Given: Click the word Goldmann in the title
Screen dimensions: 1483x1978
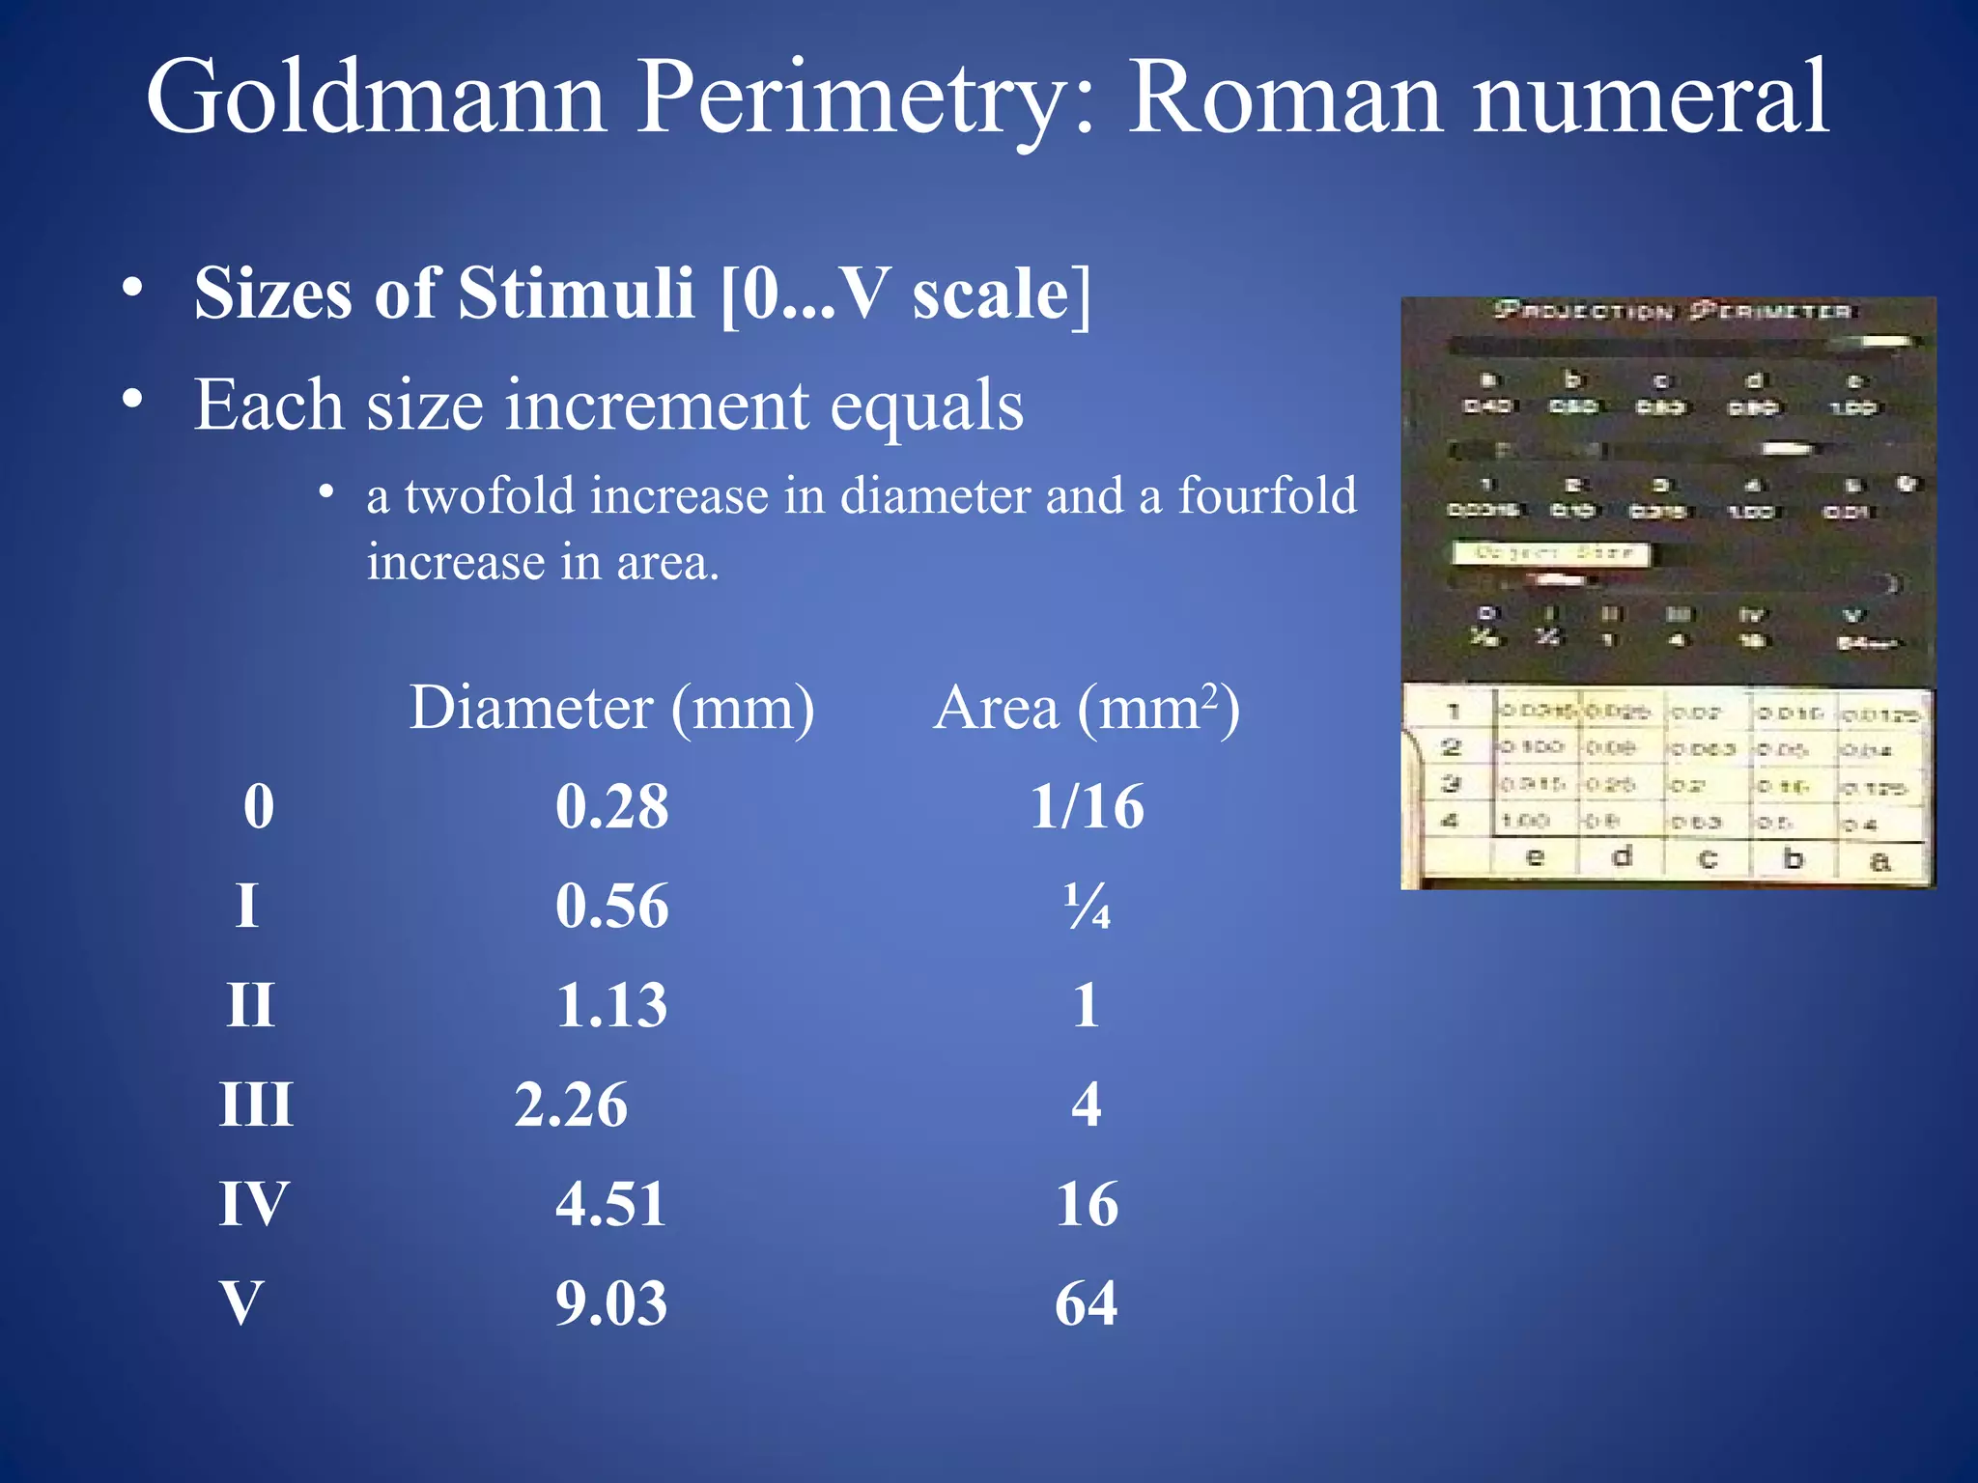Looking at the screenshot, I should tap(376, 98).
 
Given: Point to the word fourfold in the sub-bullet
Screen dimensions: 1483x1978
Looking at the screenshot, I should tap(1266, 496).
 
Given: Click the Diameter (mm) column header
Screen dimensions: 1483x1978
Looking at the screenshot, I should tap(611, 709).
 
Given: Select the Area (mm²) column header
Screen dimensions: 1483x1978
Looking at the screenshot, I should tap(1086, 709).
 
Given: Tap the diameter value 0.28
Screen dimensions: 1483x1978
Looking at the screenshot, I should tap(611, 807).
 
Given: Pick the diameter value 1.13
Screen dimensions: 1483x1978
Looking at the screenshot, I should tap(611, 1006).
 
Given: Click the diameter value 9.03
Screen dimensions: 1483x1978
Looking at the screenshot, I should tap(611, 1303).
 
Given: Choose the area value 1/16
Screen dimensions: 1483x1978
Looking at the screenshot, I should tap(1087, 807).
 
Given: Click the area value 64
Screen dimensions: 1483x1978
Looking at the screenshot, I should tap(1087, 1303).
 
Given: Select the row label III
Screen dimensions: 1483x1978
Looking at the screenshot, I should tap(256, 1105).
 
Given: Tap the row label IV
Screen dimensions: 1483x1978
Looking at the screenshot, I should tap(254, 1205).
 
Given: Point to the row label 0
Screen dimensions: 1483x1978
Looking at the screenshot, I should tap(259, 807).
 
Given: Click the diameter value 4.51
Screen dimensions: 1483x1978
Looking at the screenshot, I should tap(611, 1205).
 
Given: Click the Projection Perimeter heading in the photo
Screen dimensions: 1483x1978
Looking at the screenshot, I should tap(1672, 311).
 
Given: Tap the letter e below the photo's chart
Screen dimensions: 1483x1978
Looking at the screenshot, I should tap(1534, 856).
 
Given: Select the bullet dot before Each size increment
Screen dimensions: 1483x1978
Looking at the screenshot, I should tap(133, 397).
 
